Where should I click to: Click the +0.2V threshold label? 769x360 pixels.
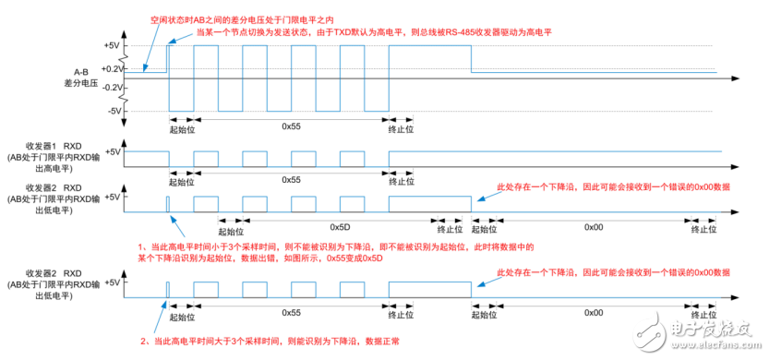point(113,68)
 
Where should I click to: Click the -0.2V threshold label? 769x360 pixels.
point(113,87)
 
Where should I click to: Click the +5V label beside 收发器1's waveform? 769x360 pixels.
point(113,151)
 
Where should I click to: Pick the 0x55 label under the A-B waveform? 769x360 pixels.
point(292,126)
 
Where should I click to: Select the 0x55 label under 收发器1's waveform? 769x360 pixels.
point(292,179)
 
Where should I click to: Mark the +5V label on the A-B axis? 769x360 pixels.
point(113,44)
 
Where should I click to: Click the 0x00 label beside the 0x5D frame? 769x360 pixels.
point(594,225)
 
